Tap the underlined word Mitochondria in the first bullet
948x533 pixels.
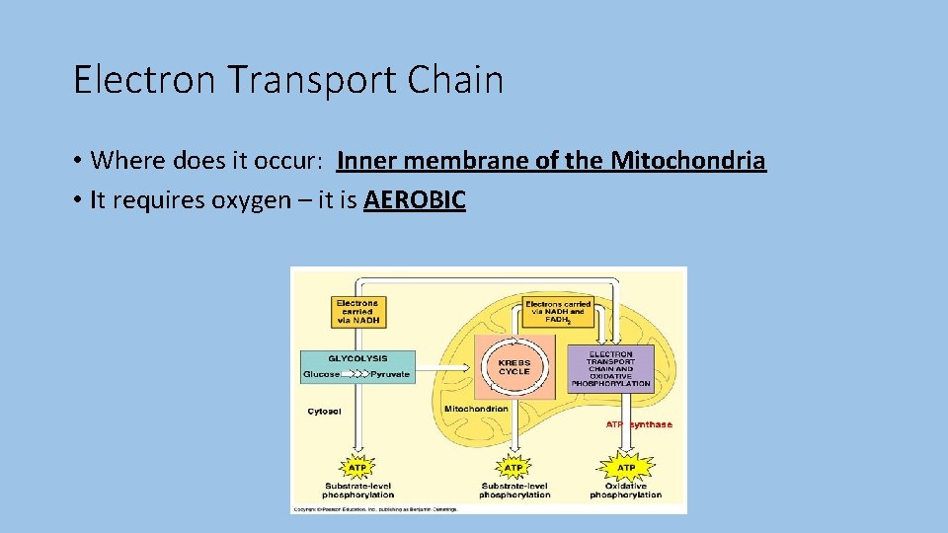click(687, 160)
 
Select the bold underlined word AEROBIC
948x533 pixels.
click(415, 200)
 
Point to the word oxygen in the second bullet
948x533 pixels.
click(250, 200)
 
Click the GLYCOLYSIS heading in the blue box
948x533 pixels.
click(356, 359)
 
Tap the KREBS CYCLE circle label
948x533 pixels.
click(513, 366)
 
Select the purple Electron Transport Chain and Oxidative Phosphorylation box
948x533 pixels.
click(610, 368)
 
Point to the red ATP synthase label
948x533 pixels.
click(639, 424)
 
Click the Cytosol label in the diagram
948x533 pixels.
click(324, 412)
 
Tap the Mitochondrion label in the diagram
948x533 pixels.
click(476, 408)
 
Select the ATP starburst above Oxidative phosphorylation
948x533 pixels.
click(626, 467)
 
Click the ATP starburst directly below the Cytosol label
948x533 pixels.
click(357, 467)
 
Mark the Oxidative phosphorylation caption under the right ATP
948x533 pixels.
click(626, 490)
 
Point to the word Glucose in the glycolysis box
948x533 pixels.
click(322, 374)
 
